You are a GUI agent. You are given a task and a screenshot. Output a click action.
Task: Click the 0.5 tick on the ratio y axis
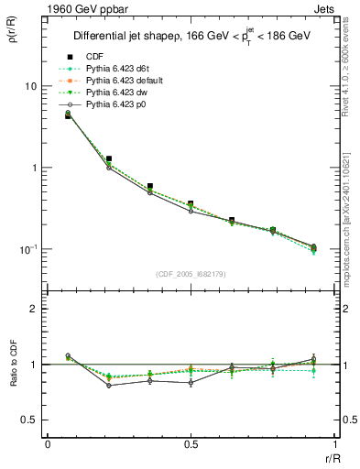tap(31, 420)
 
